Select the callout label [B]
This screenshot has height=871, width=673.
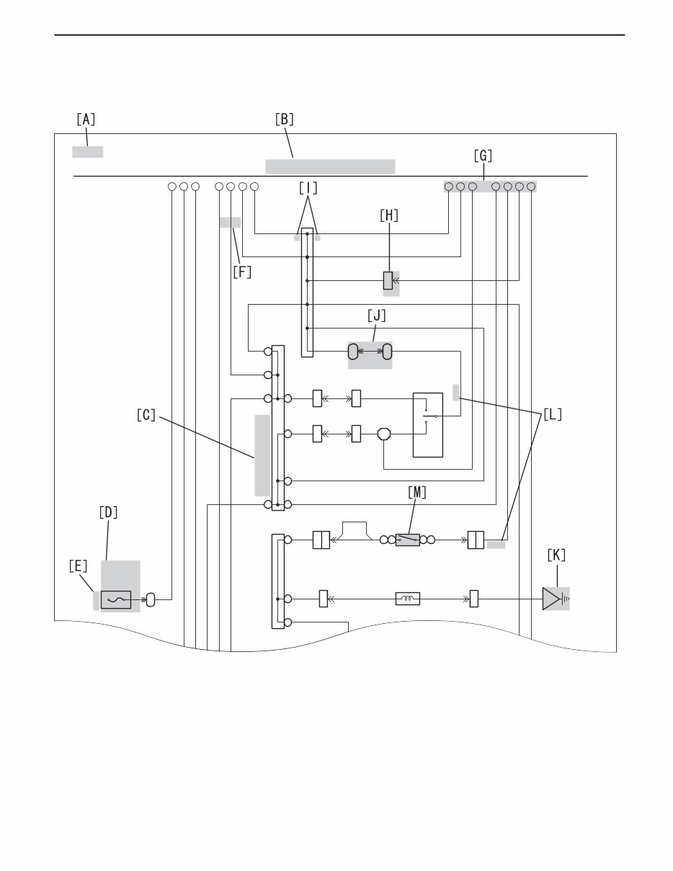[x=285, y=120]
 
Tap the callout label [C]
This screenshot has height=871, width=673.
[x=146, y=415]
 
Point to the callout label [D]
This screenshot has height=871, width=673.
[x=108, y=513]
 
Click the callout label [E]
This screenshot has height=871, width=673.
[x=78, y=567]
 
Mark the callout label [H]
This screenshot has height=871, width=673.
[x=389, y=215]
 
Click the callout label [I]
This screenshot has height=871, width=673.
[x=308, y=188]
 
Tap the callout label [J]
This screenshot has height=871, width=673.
[x=377, y=316]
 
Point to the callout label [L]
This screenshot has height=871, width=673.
[x=553, y=415]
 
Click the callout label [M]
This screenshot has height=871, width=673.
[x=416, y=492]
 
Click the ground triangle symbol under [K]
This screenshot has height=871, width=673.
[x=553, y=599]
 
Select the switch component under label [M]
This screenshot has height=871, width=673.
[x=408, y=540]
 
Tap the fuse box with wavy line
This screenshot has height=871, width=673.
[x=116, y=599]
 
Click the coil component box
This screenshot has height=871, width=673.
[x=408, y=598]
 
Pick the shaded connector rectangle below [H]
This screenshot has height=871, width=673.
[x=388, y=280]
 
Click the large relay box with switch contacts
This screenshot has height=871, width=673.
[x=431, y=424]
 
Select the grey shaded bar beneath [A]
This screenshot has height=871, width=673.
[x=87, y=151]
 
